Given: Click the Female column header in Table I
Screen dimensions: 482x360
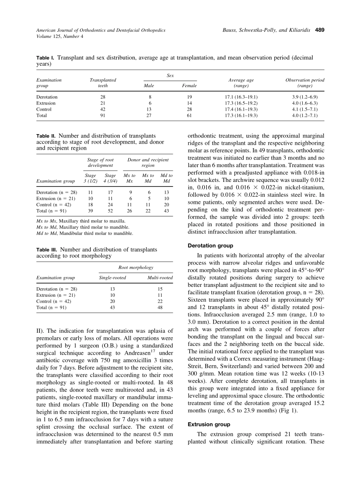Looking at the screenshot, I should coord(189,86).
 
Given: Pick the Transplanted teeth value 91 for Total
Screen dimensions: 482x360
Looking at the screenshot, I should coord(103,116).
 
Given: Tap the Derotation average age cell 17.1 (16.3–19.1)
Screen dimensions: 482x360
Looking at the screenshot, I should coord(241,97).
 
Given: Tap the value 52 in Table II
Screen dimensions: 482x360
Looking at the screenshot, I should coord(110,211).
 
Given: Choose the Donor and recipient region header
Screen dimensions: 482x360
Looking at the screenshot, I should coord(148,163).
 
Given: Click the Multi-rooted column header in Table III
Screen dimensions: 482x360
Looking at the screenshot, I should coord(160,278).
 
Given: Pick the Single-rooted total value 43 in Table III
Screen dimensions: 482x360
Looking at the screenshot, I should coord(113,308).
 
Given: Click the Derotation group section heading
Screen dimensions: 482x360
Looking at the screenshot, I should coord(211,246).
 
